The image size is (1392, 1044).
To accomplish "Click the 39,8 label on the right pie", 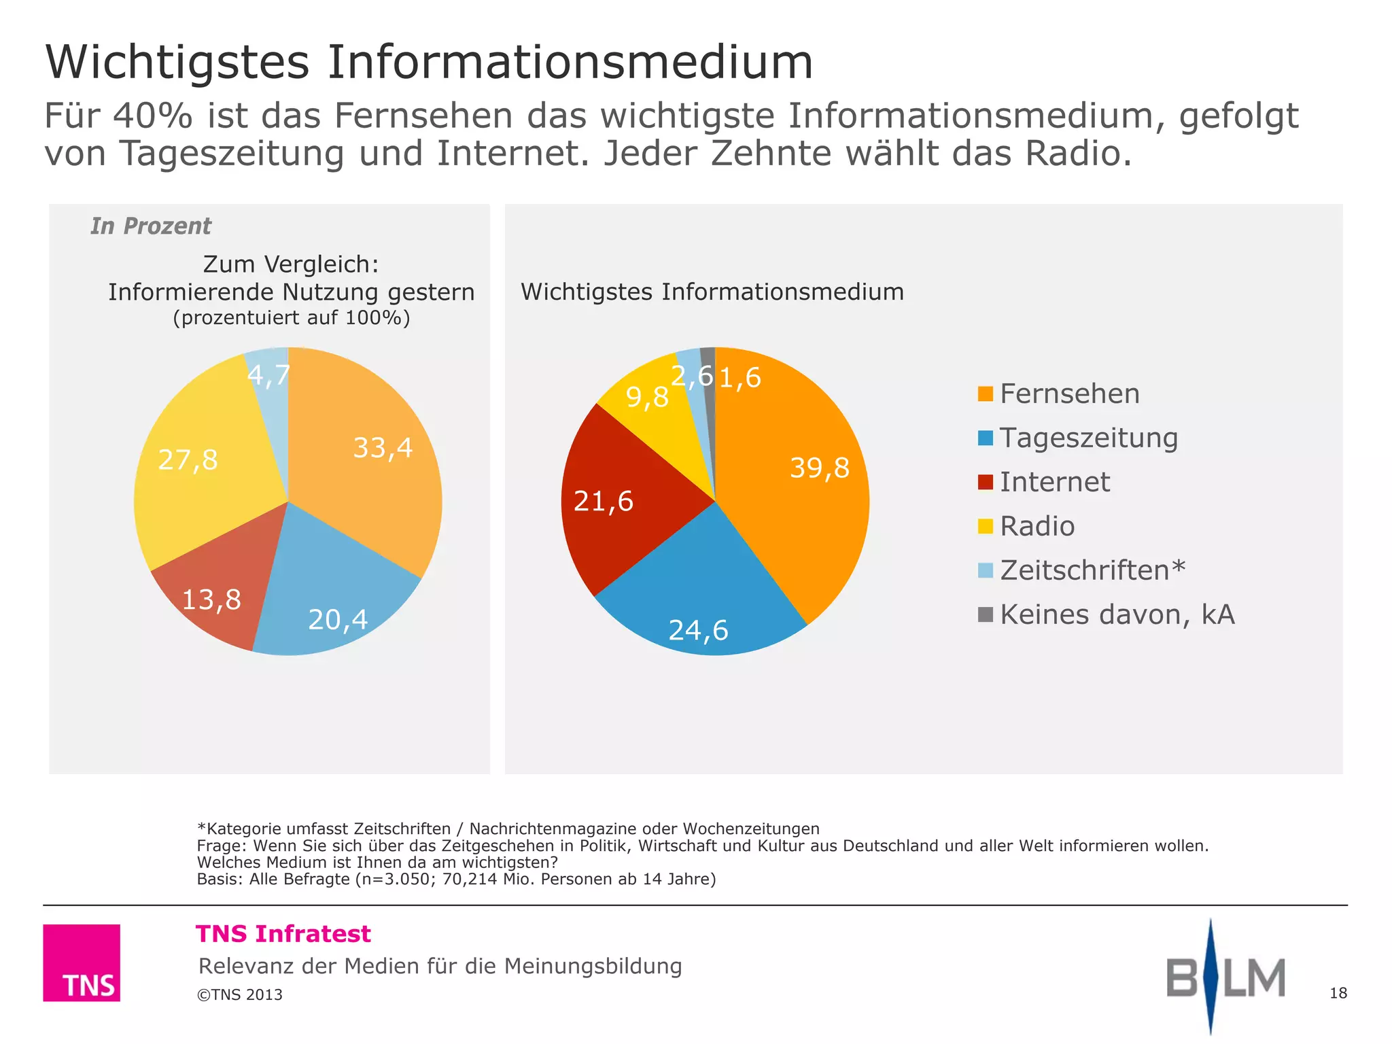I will pyautogui.click(x=819, y=468).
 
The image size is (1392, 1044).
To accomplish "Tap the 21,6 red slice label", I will pyautogui.click(x=603, y=502).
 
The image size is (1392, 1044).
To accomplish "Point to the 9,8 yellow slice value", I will pyautogui.click(x=646, y=397).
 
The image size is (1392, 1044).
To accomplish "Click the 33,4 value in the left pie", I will pyautogui.click(x=383, y=448).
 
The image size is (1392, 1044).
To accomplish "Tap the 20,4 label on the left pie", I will pyautogui.click(x=338, y=619).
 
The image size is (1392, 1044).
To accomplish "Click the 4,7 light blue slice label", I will pyautogui.click(x=268, y=375).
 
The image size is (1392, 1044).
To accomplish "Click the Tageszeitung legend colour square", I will pyautogui.click(x=985, y=438).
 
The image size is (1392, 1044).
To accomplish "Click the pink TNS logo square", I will pyautogui.click(x=82, y=962).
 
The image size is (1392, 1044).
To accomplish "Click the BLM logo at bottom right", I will pyautogui.click(x=1225, y=977).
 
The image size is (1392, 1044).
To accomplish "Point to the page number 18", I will pyautogui.click(x=1338, y=993).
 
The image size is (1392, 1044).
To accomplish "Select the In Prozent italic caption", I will pyautogui.click(x=151, y=226).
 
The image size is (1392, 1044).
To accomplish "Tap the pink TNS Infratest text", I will pyautogui.click(x=283, y=934).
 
